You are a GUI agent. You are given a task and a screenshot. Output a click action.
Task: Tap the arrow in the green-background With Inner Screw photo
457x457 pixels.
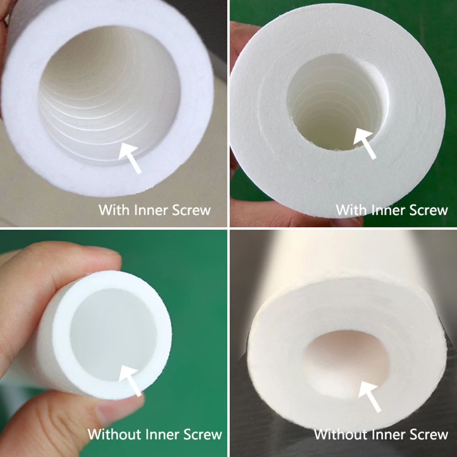[x=365, y=143]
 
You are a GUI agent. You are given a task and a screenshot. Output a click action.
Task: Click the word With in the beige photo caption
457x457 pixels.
[x=115, y=210]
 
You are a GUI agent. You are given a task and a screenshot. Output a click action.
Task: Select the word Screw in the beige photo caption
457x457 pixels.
[x=191, y=210]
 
